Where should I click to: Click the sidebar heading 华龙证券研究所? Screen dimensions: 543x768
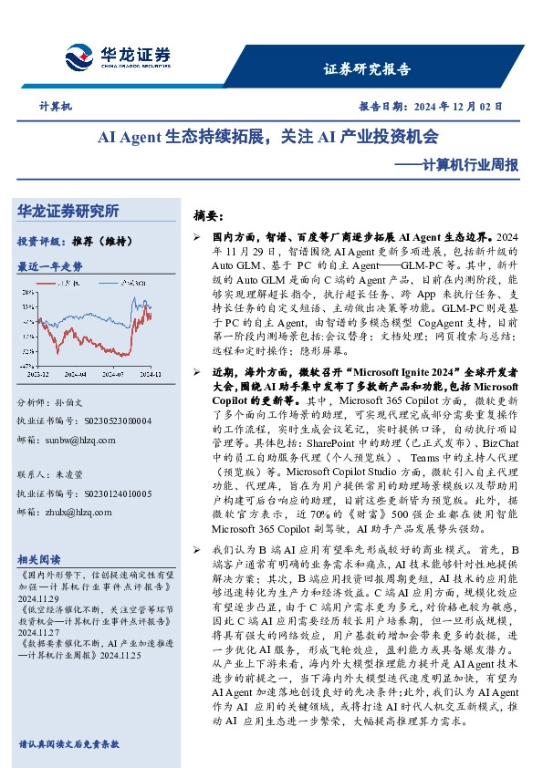pos(68,211)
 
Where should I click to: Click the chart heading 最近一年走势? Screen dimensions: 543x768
pos(50,266)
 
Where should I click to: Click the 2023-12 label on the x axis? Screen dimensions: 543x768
pos(39,374)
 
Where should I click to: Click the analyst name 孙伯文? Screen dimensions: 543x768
pos(78,402)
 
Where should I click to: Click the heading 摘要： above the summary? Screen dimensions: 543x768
pos(208,216)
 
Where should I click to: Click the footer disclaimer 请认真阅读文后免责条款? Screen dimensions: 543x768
pos(68,743)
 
